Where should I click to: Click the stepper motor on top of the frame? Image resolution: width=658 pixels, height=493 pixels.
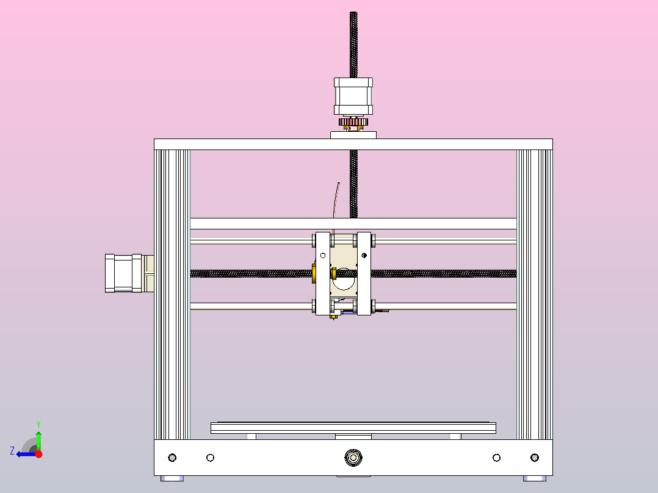coord(353,96)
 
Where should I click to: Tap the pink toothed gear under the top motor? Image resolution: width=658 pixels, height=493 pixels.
coord(353,124)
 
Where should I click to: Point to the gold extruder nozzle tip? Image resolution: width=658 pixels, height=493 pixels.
coord(333,318)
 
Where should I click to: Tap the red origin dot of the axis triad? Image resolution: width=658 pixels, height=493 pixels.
coord(38,454)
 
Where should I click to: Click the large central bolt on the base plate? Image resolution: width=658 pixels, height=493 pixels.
coord(353,457)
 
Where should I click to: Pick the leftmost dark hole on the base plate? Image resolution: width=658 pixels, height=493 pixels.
coord(172,458)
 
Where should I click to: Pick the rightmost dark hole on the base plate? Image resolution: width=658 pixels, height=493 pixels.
coord(535,458)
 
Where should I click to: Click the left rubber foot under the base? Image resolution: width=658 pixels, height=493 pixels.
coord(172,478)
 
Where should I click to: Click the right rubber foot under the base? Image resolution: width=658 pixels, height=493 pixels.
coord(535,478)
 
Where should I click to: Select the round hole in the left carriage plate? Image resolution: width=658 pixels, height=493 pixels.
coord(323,254)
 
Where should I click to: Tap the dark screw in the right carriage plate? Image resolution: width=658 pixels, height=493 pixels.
coord(364,254)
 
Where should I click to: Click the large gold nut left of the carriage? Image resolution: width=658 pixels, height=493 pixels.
coord(314,274)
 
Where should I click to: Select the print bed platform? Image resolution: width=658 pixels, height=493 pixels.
coord(353,427)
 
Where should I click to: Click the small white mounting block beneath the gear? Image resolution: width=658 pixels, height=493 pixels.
coord(353,135)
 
